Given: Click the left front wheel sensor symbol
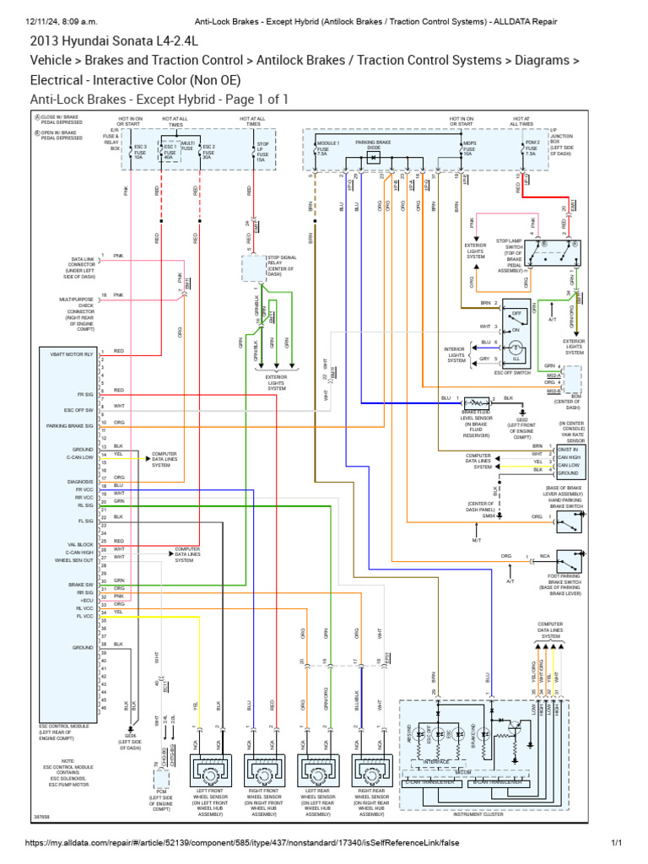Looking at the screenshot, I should click(x=207, y=769).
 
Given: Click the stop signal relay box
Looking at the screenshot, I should click(x=254, y=268).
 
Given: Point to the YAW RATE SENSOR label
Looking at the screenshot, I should click(x=575, y=440).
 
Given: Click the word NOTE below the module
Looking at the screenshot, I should click(x=67, y=761).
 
